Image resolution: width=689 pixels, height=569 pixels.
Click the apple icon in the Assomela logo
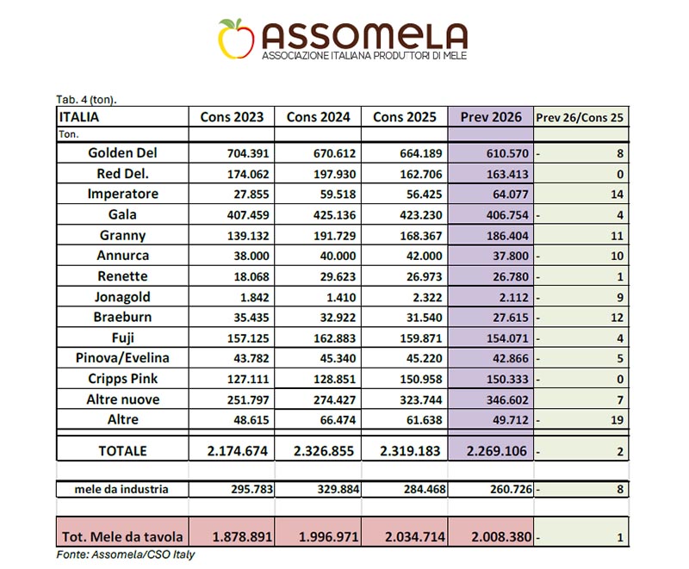click(236, 39)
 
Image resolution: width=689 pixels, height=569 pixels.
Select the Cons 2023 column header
click(232, 117)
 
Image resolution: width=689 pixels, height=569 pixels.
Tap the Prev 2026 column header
click(491, 117)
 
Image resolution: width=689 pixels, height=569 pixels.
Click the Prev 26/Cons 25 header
click(580, 118)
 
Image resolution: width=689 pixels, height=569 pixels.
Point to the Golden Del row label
click(122, 152)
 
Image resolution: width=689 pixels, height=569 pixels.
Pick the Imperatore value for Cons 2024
click(338, 194)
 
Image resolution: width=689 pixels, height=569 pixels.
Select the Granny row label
click(122, 235)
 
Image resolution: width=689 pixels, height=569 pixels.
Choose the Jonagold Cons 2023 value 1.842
click(254, 297)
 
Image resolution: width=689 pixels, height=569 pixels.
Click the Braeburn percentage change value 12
click(617, 318)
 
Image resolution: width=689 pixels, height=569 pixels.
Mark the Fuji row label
click(122, 338)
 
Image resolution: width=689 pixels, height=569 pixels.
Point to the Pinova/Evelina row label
click(122, 358)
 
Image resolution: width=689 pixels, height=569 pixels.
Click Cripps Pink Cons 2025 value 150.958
click(421, 379)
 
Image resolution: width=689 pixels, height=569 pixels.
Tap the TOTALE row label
click(122, 451)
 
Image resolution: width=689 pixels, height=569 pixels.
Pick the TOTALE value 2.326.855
click(324, 451)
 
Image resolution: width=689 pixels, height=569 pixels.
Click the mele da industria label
click(121, 489)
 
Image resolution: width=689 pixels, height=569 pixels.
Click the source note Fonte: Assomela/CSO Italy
click(125, 554)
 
